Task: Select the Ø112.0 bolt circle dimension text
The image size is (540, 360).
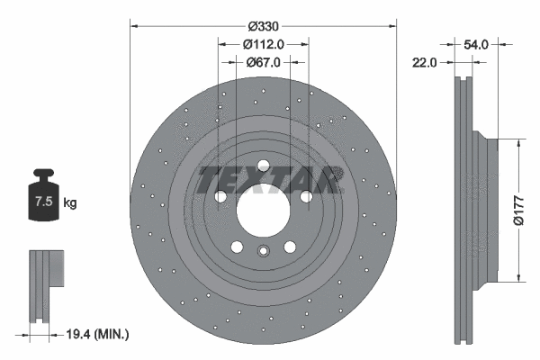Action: (263, 44)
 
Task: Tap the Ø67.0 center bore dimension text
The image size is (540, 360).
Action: (263, 62)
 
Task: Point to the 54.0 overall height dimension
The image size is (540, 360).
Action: (474, 42)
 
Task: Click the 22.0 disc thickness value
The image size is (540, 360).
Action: (425, 62)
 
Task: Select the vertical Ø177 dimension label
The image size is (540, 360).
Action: (518, 210)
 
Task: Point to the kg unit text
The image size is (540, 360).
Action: (70, 203)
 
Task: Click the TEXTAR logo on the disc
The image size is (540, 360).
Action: (269, 180)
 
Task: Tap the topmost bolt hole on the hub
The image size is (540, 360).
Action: (263, 166)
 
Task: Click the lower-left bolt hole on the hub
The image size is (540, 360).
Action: (236, 247)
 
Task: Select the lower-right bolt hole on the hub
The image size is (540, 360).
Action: (290, 247)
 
